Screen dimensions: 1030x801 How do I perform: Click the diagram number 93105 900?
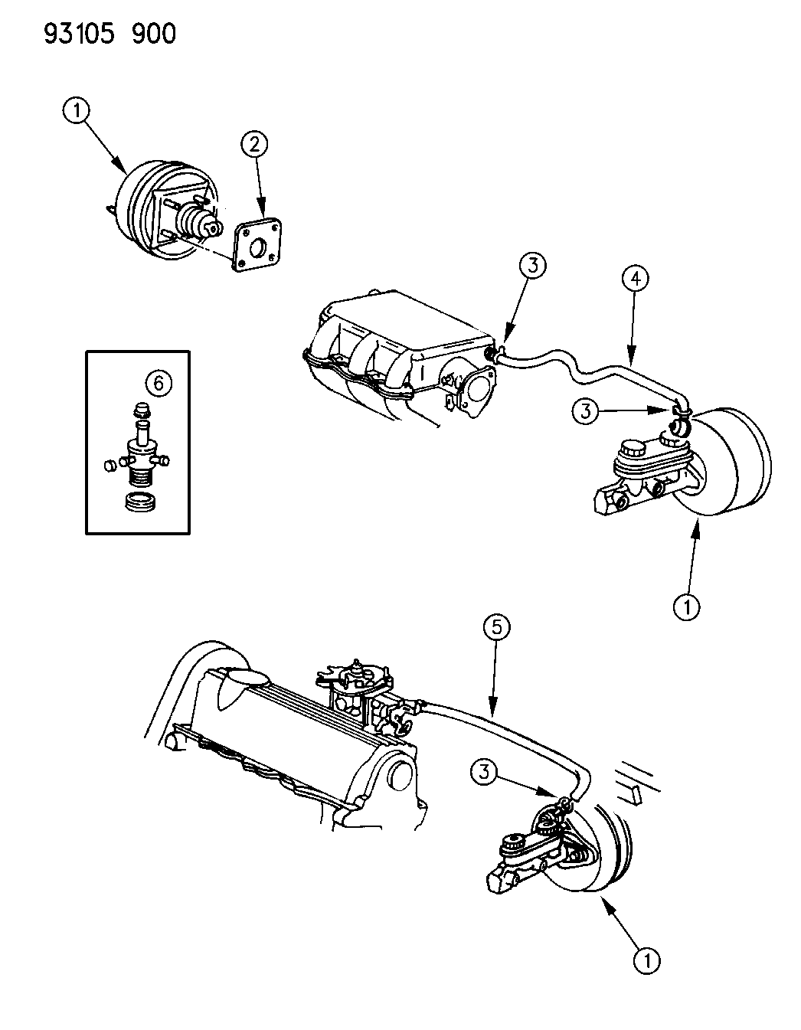click(100, 33)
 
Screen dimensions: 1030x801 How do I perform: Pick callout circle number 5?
click(497, 628)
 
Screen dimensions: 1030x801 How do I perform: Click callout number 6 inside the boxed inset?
click(158, 383)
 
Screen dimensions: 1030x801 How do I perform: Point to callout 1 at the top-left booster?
click(76, 113)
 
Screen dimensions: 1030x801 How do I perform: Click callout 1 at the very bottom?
click(647, 960)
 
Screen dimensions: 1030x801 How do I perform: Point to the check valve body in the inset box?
click(138, 458)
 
